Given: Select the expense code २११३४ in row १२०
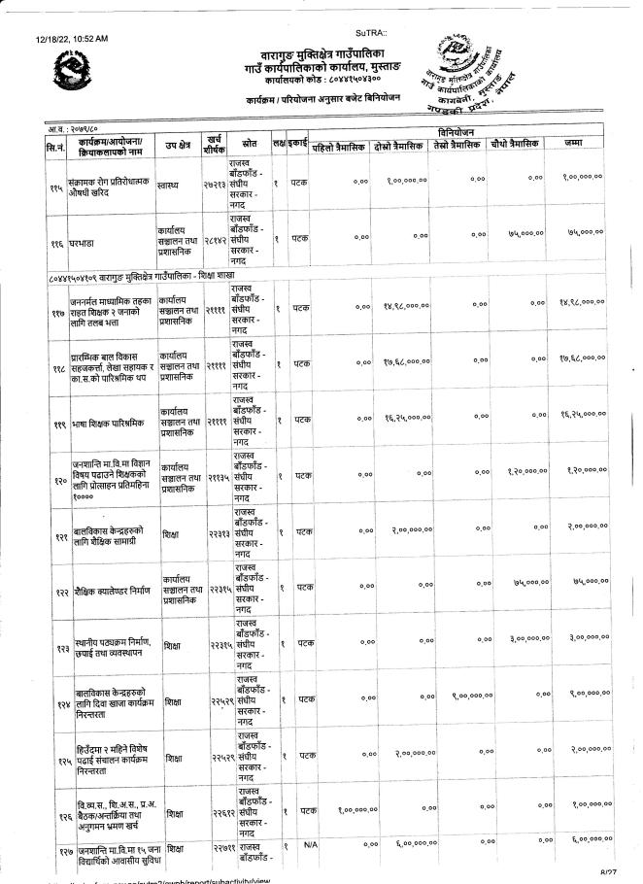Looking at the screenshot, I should pyautogui.click(x=217, y=477).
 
